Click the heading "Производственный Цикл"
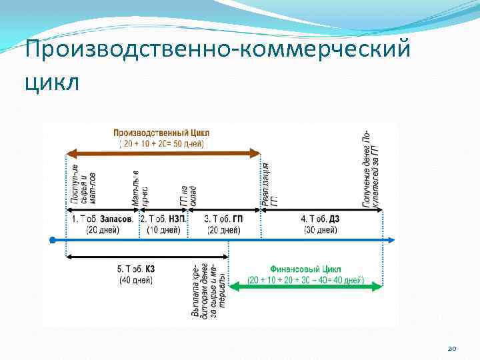point(161,132)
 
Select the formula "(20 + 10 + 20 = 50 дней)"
point(161,143)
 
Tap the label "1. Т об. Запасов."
point(101,219)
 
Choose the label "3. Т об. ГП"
point(223,219)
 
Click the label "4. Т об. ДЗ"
point(320,219)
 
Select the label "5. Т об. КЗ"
point(136,269)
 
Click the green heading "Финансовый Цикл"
point(305,269)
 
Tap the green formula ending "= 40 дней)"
point(306,280)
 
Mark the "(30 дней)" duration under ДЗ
point(321,230)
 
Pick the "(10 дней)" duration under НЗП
point(162,230)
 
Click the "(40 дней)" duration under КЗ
point(136,281)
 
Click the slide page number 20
point(452,347)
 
